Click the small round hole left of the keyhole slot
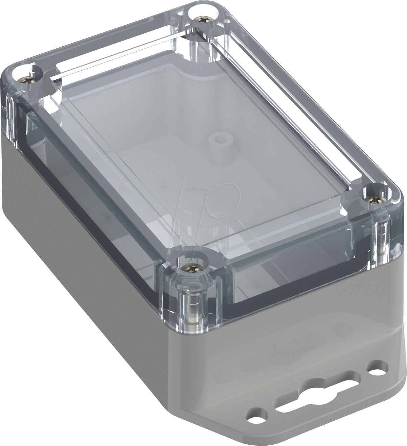click(x=256, y=421)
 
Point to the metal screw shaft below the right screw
click(x=381, y=233)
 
